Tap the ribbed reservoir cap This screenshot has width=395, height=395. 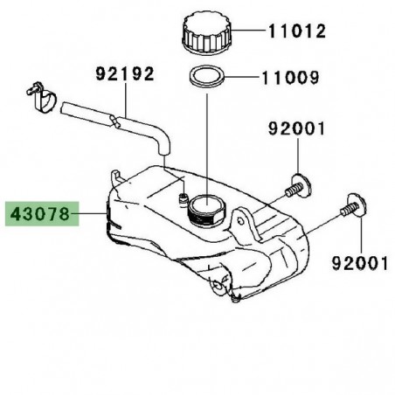(206, 34)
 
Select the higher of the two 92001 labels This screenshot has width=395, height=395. (295, 131)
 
